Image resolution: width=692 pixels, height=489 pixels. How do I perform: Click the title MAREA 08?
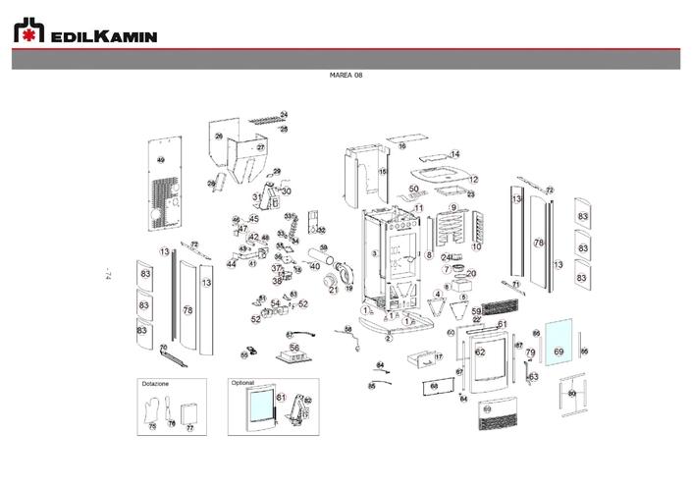click(346, 76)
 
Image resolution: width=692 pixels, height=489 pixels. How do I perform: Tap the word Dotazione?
click(156, 383)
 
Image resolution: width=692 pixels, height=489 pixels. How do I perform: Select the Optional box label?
click(242, 383)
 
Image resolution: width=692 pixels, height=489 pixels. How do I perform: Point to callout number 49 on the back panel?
click(162, 159)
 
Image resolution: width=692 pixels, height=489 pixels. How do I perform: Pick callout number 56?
click(293, 348)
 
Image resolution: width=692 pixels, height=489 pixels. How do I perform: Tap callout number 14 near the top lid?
click(454, 154)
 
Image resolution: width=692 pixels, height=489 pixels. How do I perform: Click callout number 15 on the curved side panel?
click(384, 171)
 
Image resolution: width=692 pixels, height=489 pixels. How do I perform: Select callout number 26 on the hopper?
click(219, 136)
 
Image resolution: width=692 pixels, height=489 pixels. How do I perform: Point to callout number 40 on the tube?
click(315, 266)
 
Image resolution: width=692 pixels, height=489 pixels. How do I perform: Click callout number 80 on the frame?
click(571, 393)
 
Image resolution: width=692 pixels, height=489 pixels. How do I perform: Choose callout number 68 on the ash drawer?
click(433, 387)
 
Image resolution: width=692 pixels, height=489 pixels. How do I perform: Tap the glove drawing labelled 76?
click(168, 409)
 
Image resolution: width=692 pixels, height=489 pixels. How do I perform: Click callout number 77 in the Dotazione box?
click(190, 428)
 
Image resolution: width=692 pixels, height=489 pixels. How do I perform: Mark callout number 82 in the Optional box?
click(307, 401)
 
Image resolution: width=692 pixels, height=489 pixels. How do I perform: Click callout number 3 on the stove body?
click(374, 253)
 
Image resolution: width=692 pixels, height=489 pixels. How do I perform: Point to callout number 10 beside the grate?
click(476, 246)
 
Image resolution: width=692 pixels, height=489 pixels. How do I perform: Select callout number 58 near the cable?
click(347, 329)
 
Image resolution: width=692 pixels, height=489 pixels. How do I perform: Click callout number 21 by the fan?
click(333, 290)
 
